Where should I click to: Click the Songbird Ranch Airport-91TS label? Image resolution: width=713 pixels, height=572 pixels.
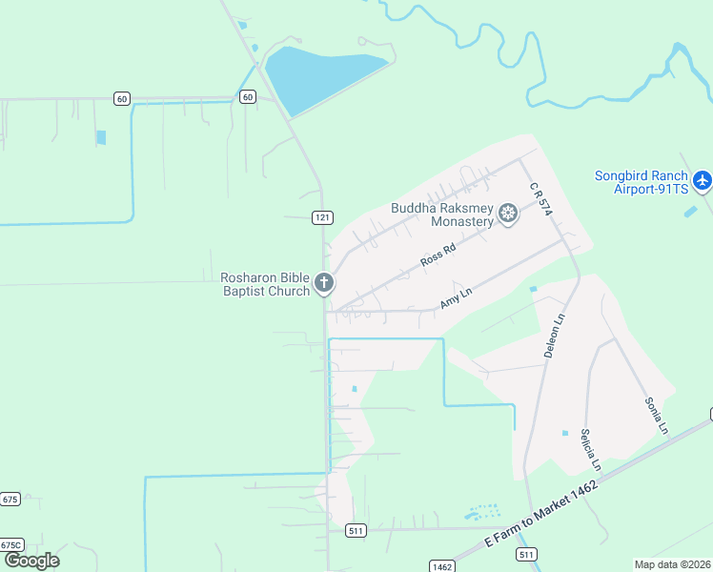pos(641,182)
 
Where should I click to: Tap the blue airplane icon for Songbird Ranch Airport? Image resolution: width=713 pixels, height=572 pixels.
pos(703,179)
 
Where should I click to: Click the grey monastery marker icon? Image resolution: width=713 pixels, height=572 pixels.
pos(508,214)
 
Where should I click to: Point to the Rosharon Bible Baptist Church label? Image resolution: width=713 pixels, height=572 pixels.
pos(265,284)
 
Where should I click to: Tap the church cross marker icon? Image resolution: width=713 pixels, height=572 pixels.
pos(324,282)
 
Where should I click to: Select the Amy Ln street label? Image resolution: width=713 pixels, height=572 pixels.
pos(457,299)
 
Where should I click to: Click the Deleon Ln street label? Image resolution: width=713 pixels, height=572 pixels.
pos(553,335)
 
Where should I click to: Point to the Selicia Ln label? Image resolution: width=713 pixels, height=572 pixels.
pos(591,448)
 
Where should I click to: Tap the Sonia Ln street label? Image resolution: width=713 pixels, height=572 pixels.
pos(656,416)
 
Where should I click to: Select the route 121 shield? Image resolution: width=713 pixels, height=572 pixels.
pos(322,218)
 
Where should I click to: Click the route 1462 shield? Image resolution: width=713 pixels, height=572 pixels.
pos(440,566)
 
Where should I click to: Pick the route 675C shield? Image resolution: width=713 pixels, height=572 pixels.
pos(10,545)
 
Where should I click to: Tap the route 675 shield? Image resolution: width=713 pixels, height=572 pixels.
pos(10,500)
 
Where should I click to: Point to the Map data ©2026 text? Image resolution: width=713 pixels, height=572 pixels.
pos(673,564)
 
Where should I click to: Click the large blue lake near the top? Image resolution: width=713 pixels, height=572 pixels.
pos(318,76)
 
